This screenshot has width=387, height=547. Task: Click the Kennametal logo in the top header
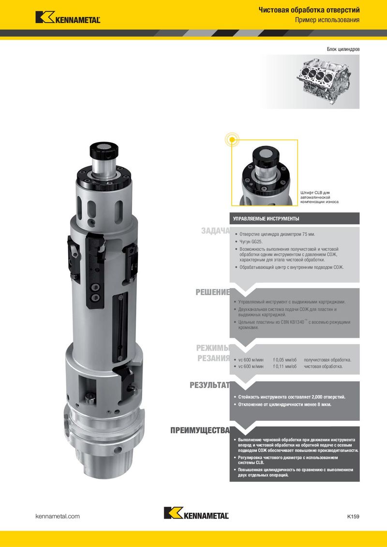point(68,17)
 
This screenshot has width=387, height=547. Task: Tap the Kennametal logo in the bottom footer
point(196,513)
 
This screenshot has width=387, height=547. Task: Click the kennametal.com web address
point(58,516)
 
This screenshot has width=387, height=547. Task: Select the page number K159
point(353,516)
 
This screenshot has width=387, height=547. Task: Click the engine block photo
point(324,81)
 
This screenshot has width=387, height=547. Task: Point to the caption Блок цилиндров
point(343,49)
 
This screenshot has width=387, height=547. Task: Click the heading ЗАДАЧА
point(215,230)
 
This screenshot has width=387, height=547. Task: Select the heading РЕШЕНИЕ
point(212,292)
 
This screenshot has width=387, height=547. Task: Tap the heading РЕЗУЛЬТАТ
point(209,385)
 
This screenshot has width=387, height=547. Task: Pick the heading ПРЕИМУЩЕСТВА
point(200,431)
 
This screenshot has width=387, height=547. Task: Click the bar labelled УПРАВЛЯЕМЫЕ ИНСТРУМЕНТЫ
point(295,219)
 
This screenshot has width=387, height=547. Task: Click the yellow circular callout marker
point(232,140)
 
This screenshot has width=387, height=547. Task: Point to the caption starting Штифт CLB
point(319,197)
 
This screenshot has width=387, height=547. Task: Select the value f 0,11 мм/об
point(284,366)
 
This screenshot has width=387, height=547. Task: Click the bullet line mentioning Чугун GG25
point(251,242)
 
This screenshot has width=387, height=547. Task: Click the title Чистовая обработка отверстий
point(309,10)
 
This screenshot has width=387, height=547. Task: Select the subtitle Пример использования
point(327,20)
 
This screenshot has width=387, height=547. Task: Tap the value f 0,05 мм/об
point(284,360)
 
